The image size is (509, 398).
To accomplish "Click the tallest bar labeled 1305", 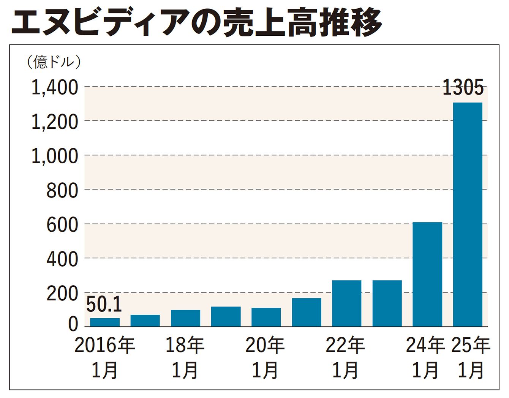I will (x=468, y=215).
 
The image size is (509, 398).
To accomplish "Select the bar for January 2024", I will (x=427, y=274).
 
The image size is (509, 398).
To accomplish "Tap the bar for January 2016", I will (x=105, y=322).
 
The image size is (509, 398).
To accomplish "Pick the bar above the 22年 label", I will (x=346, y=303).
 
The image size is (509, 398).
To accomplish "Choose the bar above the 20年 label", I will (x=266, y=317).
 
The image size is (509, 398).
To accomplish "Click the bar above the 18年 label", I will (x=185, y=318).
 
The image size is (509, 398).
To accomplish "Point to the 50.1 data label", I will (x=104, y=305).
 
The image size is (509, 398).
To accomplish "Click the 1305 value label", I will (x=463, y=88).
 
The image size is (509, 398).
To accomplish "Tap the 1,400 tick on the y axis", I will (x=54, y=88).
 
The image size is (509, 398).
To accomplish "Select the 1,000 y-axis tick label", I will (x=54, y=156).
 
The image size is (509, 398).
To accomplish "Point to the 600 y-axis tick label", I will (x=62, y=225).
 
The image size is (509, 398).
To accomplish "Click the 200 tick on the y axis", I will (x=62, y=294).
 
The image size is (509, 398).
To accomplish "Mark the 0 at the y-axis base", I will (x=73, y=324).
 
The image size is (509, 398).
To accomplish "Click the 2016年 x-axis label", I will (x=105, y=345).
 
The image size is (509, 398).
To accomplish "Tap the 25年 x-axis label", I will (x=471, y=345).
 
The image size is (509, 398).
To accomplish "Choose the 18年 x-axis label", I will (x=185, y=345).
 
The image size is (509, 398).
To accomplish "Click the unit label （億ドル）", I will (x=54, y=62).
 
